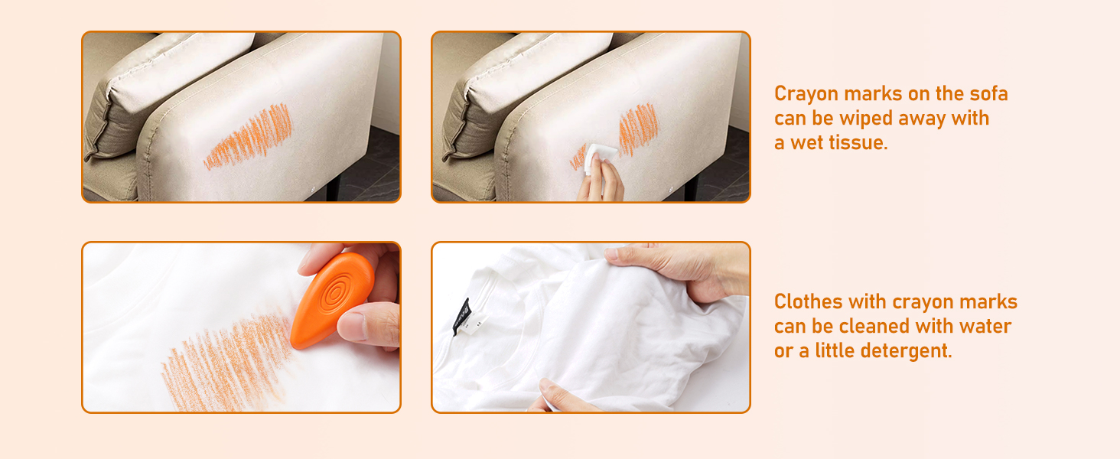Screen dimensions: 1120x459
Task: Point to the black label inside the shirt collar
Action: pyautogui.click(x=461, y=317)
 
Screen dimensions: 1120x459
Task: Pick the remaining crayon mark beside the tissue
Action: pyautogui.click(x=638, y=129)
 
